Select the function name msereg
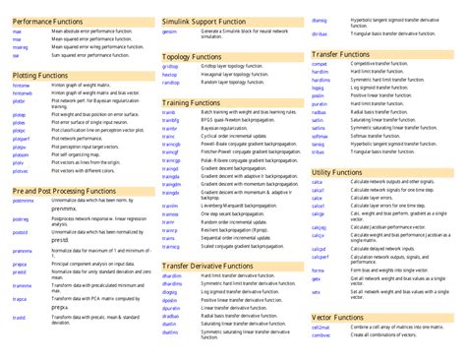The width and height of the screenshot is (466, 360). pos(21,47)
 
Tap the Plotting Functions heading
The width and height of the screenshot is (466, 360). pos(38,75)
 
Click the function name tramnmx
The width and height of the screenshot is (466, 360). pos(22,285)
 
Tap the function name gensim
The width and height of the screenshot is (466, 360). pos(169,31)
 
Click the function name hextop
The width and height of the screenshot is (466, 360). pos(169,75)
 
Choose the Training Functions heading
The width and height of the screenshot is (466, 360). pos(191,102)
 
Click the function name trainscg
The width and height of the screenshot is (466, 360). pos(171,246)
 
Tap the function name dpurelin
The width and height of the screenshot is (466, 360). pos(171,308)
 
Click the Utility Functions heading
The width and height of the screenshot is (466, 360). pos(338,172)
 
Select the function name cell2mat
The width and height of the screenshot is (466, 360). pos(320,328)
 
